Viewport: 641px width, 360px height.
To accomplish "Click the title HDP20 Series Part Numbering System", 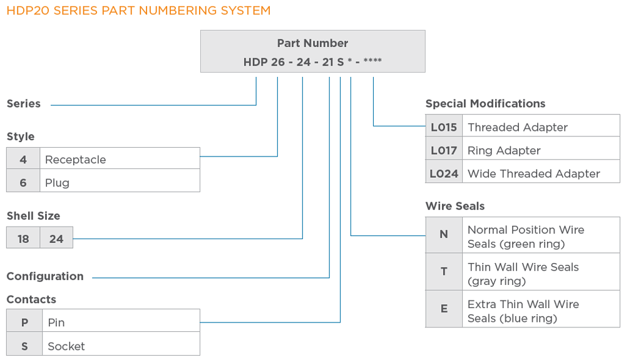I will [x=138, y=11].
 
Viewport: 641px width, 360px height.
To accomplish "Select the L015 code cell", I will [x=444, y=127].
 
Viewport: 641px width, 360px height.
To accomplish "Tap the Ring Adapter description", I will [x=504, y=150].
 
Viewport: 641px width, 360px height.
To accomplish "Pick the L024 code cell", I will [x=444, y=173].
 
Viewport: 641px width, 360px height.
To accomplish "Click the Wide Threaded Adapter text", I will [x=533, y=173].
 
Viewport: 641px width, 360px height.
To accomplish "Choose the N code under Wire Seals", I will [x=444, y=235].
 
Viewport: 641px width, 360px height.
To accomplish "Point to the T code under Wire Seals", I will [x=444, y=272].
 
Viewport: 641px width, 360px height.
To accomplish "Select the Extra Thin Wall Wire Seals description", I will [x=523, y=311].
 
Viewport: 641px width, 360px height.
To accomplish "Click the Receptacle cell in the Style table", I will [x=75, y=160].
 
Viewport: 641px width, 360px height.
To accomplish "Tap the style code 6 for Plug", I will [x=23, y=183].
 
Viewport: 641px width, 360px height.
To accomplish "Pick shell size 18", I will [x=23, y=239].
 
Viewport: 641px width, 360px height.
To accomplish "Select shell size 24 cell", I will [x=56, y=239].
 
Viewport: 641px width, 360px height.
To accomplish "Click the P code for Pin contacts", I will [x=24, y=322].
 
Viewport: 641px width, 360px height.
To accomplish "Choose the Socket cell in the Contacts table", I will [x=66, y=346].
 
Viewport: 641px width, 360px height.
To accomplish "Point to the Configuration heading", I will [x=45, y=276].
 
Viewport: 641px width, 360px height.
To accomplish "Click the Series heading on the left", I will [x=24, y=104].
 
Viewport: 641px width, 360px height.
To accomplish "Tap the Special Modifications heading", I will [x=485, y=104].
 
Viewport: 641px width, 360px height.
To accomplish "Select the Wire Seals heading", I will [x=454, y=206].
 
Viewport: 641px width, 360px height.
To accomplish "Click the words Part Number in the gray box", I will [x=312, y=43].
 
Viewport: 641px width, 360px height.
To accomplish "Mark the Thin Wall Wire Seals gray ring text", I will [x=523, y=274].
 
